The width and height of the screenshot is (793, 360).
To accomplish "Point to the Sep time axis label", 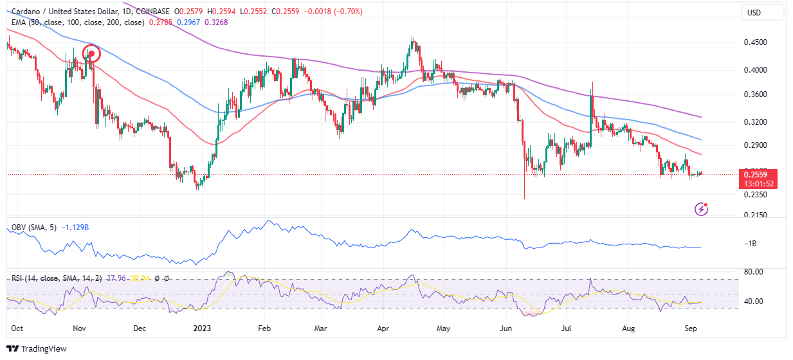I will pyautogui.click(x=691, y=327).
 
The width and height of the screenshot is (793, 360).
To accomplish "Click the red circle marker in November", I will pyautogui.click(x=91, y=53).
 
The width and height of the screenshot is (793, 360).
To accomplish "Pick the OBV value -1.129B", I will pyautogui.click(x=76, y=228).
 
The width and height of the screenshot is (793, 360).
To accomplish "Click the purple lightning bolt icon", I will pyautogui.click(x=702, y=209).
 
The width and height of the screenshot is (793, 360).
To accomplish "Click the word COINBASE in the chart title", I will pyautogui.click(x=156, y=12).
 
